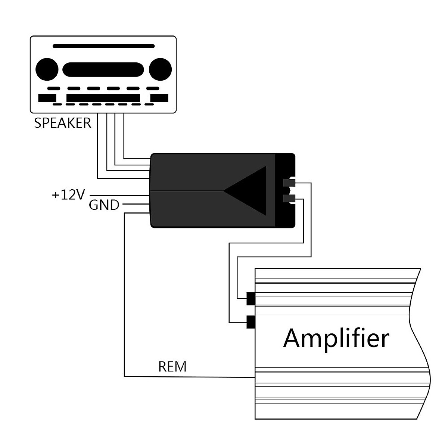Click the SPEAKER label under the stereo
point(62,123)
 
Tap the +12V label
point(69,195)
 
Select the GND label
point(104,205)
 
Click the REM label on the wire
point(172,367)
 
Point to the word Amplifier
point(336,338)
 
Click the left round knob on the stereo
point(47,70)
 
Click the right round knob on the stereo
point(160,70)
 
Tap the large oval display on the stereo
point(103,70)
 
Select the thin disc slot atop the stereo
point(103,46)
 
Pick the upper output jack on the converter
point(289,183)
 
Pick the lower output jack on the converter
point(289,199)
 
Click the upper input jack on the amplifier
point(251,299)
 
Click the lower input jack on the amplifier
point(251,322)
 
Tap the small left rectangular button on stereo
point(47,98)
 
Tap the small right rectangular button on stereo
point(159,98)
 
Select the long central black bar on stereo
point(103,98)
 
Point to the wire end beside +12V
point(91,195)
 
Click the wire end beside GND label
point(124,204)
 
